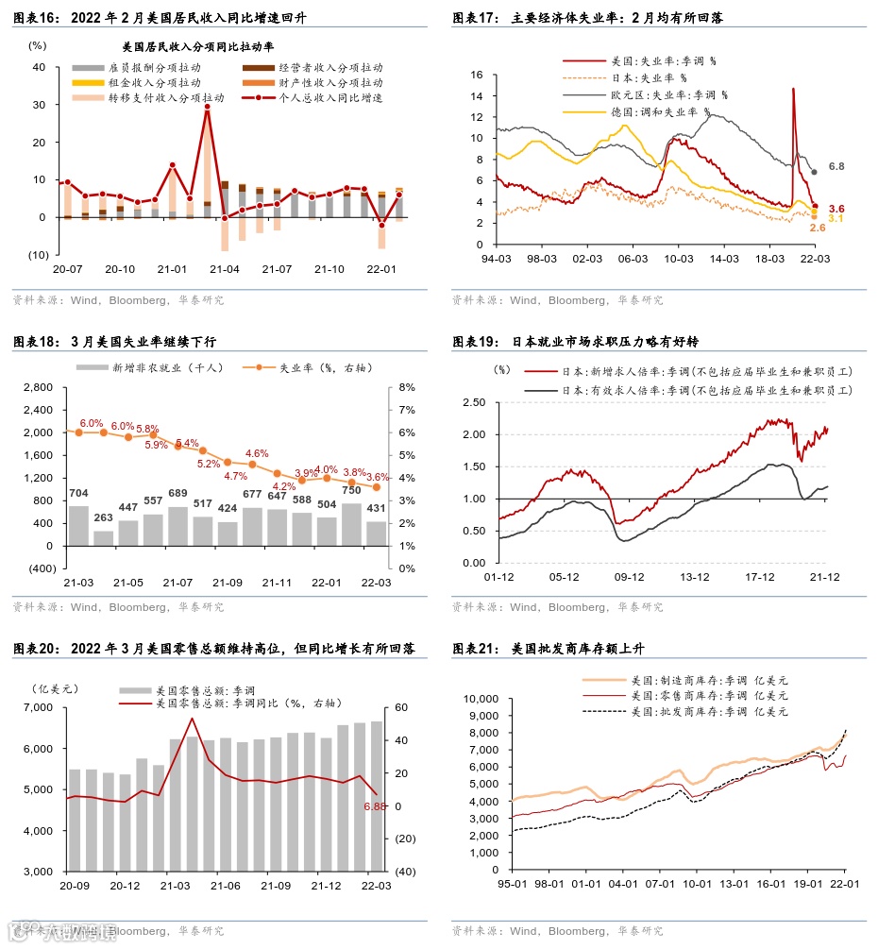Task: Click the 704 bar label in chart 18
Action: pyautogui.click(x=79, y=492)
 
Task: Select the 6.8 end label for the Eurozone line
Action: pyautogui.click(x=836, y=166)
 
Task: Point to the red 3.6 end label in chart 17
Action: pyautogui.click(x=836, y=208)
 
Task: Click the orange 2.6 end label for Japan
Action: pyautogui.click(x=819, y=228)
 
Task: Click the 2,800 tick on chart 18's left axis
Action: pyautogui.click(x=39, y=387)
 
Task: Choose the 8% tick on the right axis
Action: pyautogui.click(x=408, y=387)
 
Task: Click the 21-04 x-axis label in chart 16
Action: pyautogui.click(x=225, y=269)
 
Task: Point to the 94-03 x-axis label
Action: pyautogui.click(x=497, y=258)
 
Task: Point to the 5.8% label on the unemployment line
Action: pyautogui.click(x=147, y=428)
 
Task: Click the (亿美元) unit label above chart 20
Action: pyautogui.click(x=53, y=687)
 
